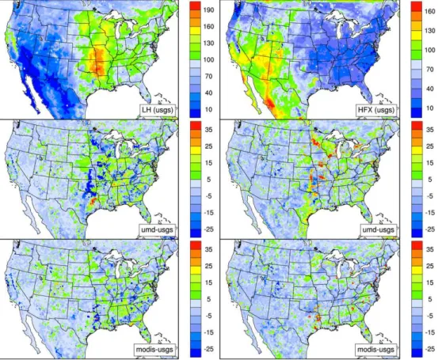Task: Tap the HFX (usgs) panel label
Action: (x=376, y=110)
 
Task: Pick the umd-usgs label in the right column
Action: (x=379, y=229)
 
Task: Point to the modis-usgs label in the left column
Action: (x=154, y=349)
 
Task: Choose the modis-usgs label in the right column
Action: (x=376, y=349)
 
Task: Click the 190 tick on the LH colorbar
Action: (x=208, y=10)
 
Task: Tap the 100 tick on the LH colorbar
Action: (x=208, y=59)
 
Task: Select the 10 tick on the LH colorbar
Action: (x=209, y=109)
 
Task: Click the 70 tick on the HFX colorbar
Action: (x=430, y=70)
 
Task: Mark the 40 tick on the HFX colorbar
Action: (x=430, y=89)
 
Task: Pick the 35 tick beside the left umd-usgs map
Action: (x=209, y=130)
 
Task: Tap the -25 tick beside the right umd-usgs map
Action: (x=429, y=229)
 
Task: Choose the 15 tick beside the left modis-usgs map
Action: (x=209, y=282)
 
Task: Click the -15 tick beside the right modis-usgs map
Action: (x=429, y=332)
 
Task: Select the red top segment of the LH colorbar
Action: (x=195, y=6)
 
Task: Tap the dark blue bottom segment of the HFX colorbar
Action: (x=416, y=112)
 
